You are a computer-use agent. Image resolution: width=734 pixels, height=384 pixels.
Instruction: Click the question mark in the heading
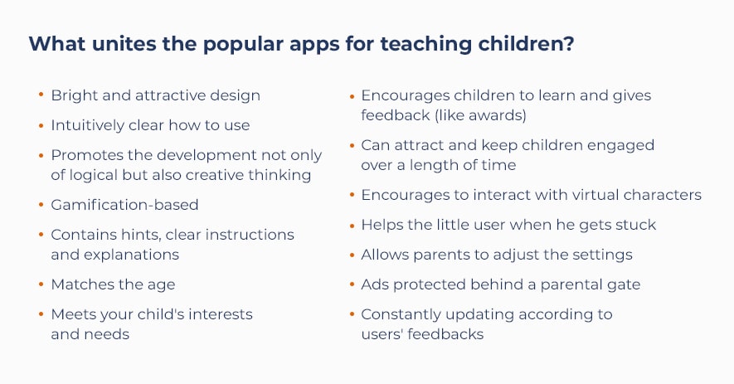(568, 44)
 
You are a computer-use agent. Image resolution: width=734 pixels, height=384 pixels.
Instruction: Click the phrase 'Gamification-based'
(124, 205)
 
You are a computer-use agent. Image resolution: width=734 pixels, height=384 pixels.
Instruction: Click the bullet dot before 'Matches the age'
(41, 284)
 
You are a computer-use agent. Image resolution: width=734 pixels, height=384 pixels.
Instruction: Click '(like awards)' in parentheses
(481, 115)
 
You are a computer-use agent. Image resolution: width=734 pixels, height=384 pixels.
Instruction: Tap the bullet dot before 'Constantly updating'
(352, 314)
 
